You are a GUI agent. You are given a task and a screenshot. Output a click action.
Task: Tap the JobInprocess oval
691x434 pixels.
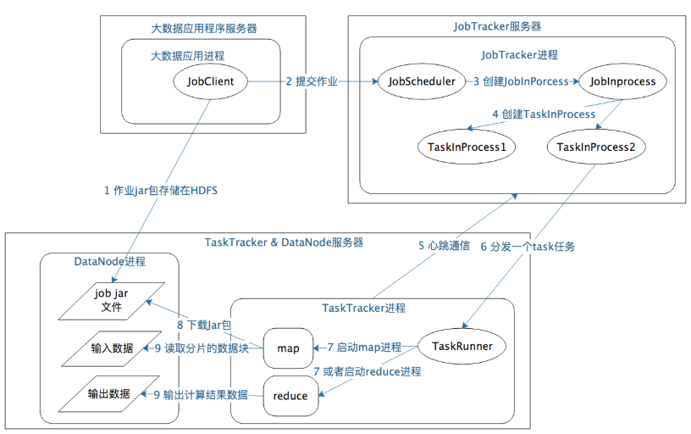click(622, 82)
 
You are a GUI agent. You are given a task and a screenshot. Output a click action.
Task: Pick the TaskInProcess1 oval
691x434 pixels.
click(467, 147)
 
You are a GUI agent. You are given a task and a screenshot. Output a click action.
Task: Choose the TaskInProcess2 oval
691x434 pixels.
click(596, 147)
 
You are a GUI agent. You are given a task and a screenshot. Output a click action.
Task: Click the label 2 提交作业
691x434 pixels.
click(311, 82)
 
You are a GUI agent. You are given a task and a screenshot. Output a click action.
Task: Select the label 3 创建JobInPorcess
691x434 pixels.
click(521, 82)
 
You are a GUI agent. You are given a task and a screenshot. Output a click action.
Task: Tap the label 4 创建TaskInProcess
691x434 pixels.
click(544, 114)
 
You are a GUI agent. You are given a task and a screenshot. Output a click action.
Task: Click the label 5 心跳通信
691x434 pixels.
click(444, 247)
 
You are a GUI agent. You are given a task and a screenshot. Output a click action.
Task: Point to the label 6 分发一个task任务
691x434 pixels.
click(528, 247)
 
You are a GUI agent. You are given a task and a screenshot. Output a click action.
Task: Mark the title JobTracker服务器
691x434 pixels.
click(496, 26)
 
